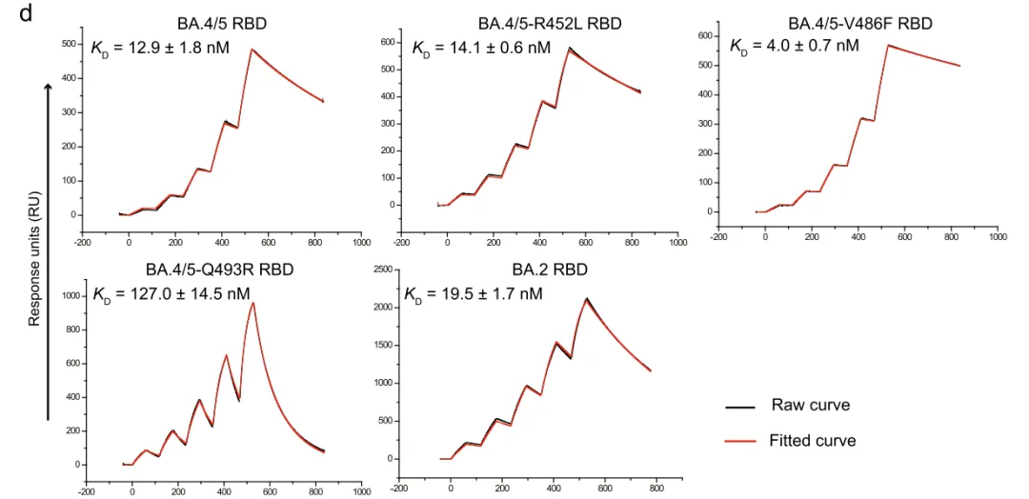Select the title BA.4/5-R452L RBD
[x=550, y=23]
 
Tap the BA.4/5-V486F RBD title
[x=859, y=23]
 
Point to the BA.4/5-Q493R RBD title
[x=219, y=269]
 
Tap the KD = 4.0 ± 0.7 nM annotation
[x=794, y=46]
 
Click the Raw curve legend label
[x=810, y=406]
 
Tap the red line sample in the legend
[x=740, y=442]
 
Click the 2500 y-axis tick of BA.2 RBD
[x=382, y=270]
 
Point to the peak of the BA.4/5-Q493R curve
[x=252, y=303]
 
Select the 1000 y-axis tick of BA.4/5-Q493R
[x=70, y=296]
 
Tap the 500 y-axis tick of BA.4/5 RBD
[x=70, y=44]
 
